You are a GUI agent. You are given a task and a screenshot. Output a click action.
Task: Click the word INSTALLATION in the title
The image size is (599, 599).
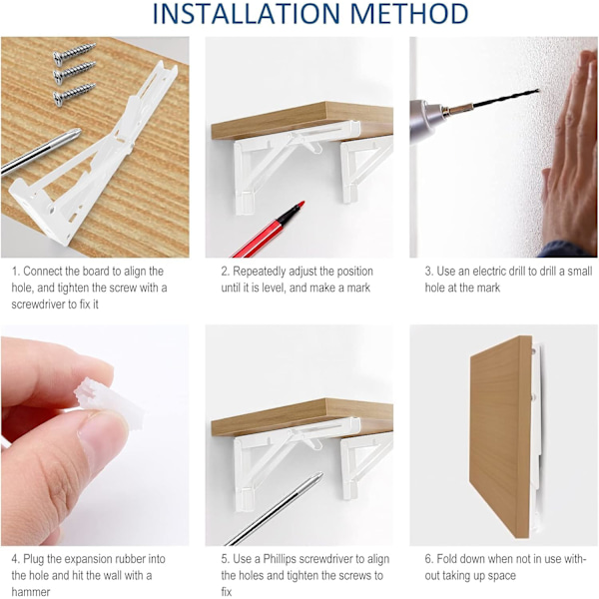pos(247,13)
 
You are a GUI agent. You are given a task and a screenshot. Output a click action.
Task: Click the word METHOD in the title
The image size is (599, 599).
pos(409,13)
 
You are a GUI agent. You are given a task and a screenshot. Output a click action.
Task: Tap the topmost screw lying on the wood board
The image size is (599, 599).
pos(74,54)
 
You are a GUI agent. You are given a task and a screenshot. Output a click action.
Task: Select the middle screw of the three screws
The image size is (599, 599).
pos(74,72)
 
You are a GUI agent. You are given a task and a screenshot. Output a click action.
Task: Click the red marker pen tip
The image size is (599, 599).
pos(301,204)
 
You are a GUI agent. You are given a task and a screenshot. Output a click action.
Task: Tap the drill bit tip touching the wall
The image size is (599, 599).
pos(537,91)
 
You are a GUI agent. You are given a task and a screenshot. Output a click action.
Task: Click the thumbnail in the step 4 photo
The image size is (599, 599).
pos(99,434)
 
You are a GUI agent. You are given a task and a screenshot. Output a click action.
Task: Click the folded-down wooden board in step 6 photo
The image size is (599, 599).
pos(501,436)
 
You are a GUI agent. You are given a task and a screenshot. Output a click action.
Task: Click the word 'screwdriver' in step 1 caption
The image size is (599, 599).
pos(39,304)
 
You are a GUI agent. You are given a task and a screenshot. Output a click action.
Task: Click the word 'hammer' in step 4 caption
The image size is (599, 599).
pos(31,592)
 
